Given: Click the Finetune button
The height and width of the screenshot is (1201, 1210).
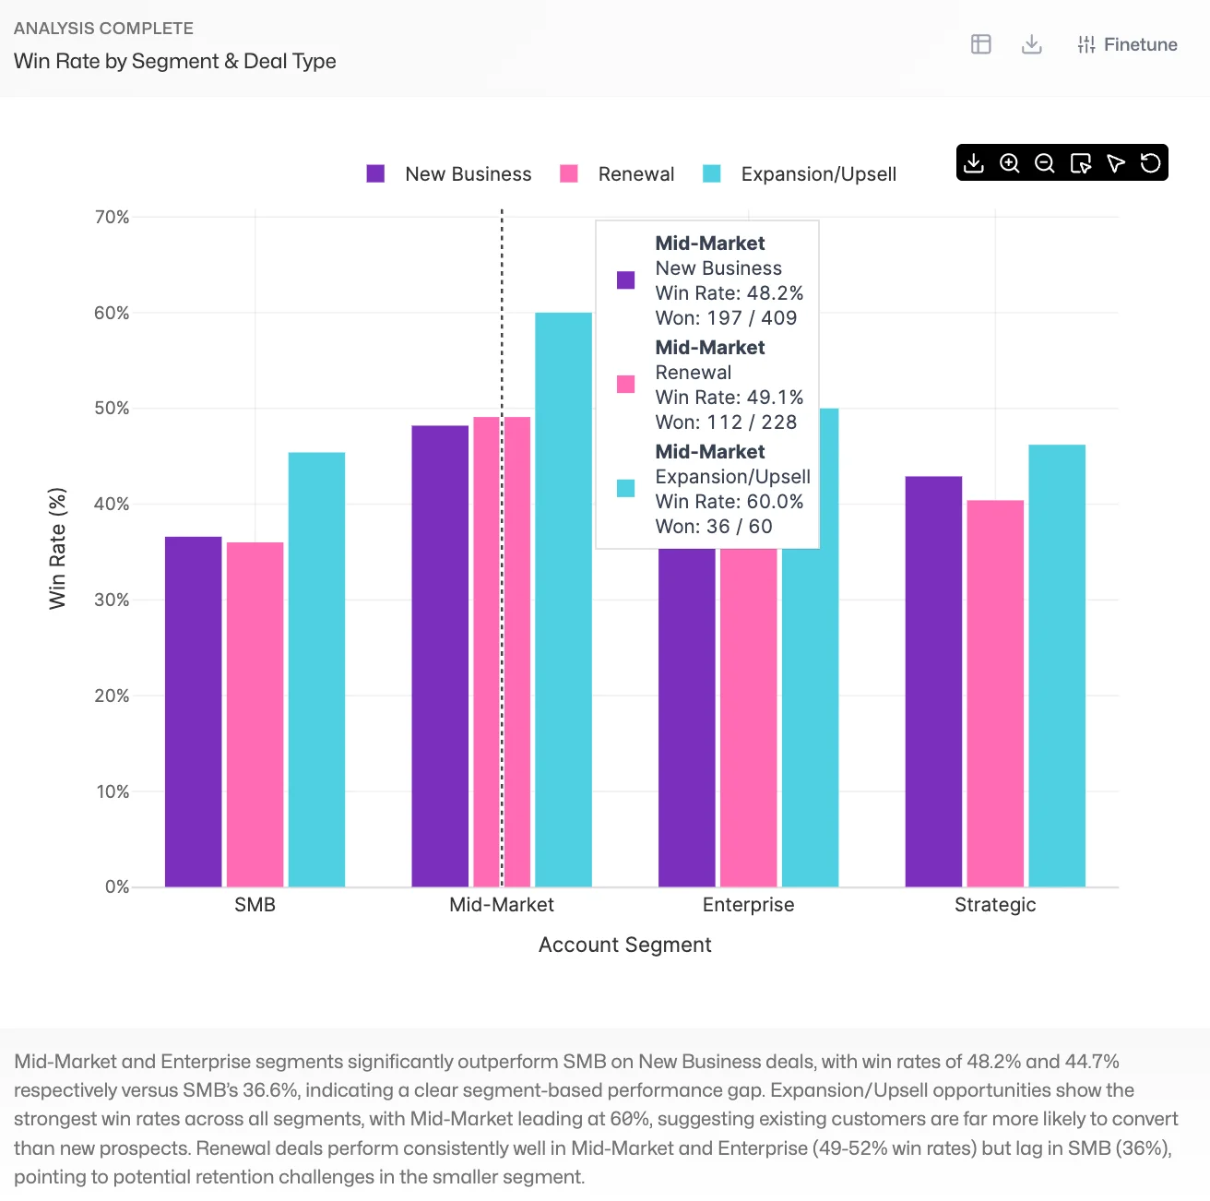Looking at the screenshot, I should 1127,44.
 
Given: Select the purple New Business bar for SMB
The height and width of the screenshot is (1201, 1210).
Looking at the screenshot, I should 193,710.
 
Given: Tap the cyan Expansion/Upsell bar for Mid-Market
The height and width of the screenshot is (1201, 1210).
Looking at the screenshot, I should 563,600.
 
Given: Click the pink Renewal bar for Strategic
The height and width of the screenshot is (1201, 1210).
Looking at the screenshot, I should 995,692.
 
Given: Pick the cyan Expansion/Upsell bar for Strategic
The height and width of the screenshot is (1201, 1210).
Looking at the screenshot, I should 1057,664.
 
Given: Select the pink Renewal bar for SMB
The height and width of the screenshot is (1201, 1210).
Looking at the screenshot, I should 255,714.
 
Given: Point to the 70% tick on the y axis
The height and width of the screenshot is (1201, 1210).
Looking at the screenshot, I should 112,217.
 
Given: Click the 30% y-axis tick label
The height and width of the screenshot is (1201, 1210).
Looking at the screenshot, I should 112,600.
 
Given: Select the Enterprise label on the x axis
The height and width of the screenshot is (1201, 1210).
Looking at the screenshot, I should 748,905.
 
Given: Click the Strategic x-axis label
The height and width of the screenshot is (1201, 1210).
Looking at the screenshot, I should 995,905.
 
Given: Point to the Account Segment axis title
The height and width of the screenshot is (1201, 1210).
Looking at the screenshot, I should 624,945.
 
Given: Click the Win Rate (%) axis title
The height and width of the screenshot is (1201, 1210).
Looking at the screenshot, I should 57,548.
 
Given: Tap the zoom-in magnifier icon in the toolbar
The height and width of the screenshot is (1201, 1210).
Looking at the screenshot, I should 1010,163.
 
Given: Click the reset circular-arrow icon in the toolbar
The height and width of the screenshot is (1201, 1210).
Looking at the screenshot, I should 1150,163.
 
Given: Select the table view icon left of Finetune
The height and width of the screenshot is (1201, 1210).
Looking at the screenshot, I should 981,44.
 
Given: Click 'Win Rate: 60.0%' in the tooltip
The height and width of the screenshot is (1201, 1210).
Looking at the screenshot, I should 729,502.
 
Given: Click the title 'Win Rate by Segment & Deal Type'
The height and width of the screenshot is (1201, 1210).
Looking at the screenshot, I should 175,61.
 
